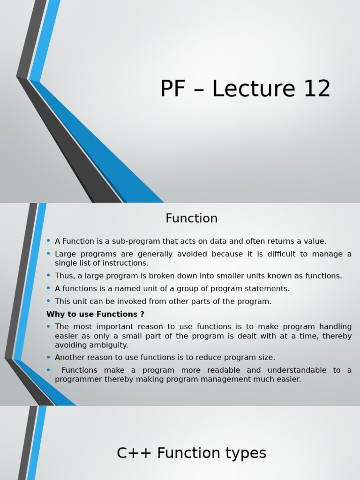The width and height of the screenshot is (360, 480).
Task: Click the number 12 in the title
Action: pos(316,89)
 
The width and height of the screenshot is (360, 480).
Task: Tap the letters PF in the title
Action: pos(173,89)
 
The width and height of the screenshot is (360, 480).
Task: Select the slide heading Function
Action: pos(191,218)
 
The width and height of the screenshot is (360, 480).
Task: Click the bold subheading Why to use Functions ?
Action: pos(95,314)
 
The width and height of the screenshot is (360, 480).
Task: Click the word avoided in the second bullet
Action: pos(192,254)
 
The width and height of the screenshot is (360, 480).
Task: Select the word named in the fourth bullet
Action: pos(123,289)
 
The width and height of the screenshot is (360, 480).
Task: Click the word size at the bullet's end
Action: pos(265,358)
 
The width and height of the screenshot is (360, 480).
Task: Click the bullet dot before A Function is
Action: pos(48,241)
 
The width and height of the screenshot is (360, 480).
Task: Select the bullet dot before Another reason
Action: pos(48,357)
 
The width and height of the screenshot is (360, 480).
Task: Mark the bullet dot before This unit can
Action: pos(48,301)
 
